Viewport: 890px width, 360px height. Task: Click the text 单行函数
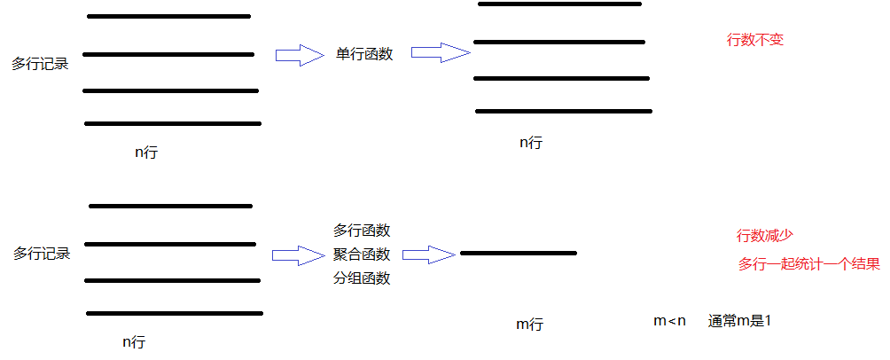click(364, 53)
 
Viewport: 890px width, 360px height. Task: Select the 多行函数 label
click(362, 231)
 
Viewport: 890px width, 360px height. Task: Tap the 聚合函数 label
click(362, 254)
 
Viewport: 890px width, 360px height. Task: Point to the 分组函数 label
click(362, 278)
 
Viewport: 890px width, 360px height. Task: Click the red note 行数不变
click(755, 40)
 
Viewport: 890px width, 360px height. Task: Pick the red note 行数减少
click(764, 236)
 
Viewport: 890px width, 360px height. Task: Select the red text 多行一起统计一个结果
click(808, 264)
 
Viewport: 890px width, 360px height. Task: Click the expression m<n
click(670, 321)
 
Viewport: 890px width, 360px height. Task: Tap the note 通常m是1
click(739, 321)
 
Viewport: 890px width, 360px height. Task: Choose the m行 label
click(529, 325)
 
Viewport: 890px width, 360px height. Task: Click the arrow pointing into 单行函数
click(300, 56)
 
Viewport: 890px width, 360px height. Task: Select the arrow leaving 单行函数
click(440, 53)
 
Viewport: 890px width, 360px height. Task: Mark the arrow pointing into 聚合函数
click(299, 255)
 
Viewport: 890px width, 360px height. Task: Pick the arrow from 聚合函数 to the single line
click(429, 255)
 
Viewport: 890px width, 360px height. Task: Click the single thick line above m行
click(519, 254)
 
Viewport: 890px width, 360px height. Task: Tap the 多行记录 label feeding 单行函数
click(40, 64)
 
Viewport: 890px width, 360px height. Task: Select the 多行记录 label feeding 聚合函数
click(42, 254)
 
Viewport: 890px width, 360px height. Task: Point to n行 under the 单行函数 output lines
click(531, 142)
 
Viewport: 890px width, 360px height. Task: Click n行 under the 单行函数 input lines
click(146, 153)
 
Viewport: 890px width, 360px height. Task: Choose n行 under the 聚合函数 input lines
click(134, 341)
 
